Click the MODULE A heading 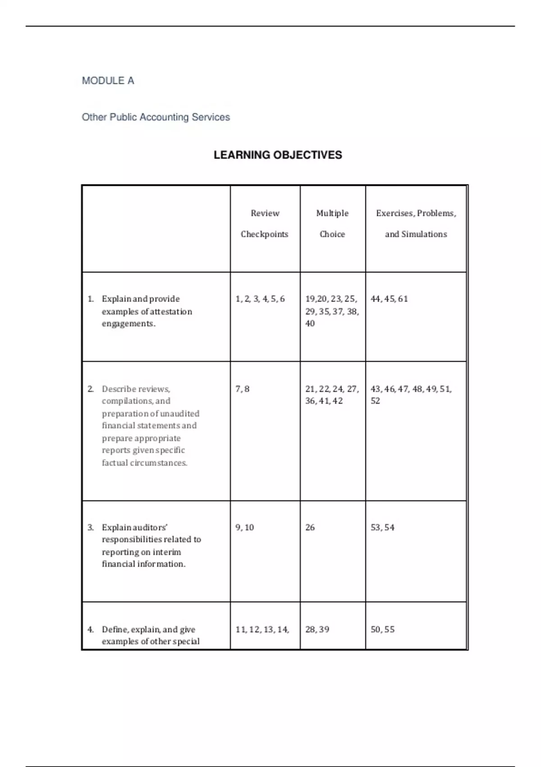(x=108, y=81)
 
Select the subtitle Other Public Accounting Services (x=156, y=117)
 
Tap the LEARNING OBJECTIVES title (x=278, y=155)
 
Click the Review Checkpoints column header (x=265, y=224)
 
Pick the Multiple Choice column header (x=332, y=224)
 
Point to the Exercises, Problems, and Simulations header (x=416, y=224)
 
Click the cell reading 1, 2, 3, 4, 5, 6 (x=260, y=299)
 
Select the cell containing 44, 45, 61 (x=389, y=299)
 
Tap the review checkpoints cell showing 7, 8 (x=243, y=389)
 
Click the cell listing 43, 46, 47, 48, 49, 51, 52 (x=411, y=394)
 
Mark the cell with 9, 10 (x=245, y=527)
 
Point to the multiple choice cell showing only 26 (x=310, y=527)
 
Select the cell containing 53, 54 (x=382, y=527)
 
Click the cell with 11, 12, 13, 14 (x=262, y=629)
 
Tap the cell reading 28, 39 (x=317, y=629)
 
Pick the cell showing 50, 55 (x=382, y=629)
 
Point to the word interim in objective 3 (x=166, y=552)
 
